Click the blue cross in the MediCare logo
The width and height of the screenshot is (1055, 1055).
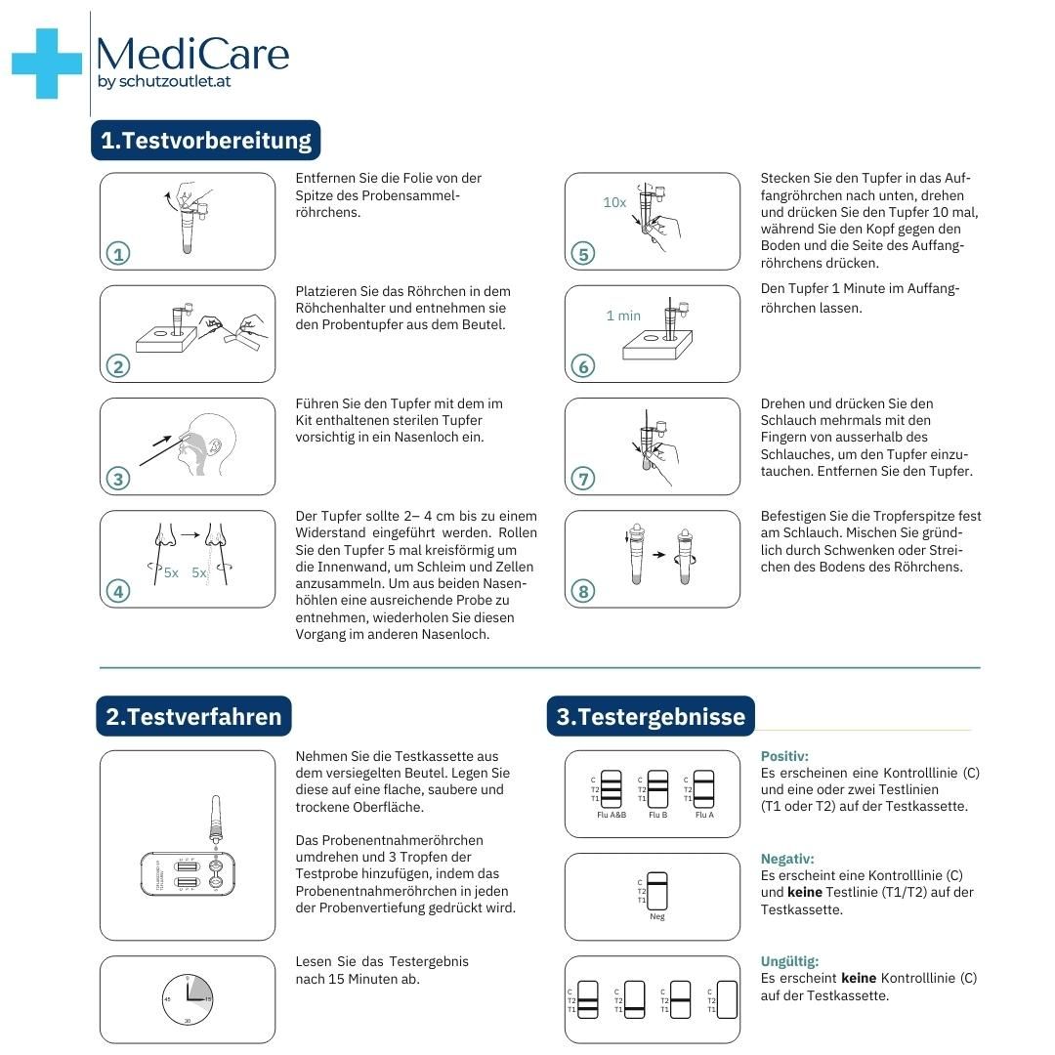[x=46, y=63]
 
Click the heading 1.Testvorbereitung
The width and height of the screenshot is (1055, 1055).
[x=206, y=141]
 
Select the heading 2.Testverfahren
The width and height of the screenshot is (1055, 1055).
[x=193, y=716]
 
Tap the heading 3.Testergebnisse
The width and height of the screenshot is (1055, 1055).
[x=651, y=716]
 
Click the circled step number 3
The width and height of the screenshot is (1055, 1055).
[x=118, y=479]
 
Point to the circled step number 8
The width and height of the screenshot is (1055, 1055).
[x=583, y=591]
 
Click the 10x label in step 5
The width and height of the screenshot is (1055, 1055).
[x=614, y=202]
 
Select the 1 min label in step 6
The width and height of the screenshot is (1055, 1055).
[x=623, y=316]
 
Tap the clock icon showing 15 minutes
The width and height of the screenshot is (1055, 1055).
[x=188, y=999]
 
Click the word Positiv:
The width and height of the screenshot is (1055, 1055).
[x=784, y=756]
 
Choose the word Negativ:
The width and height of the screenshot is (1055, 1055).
[x=787, y=859]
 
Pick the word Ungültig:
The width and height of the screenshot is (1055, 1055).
[x=789, y=961]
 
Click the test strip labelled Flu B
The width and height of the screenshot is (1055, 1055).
[x=658, y=789]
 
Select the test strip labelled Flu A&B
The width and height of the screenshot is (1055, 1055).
[x=612, y=789]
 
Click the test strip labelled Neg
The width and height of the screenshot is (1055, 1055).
[x=657, y=890]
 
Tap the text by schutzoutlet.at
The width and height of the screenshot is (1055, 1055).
[x=164, y=82]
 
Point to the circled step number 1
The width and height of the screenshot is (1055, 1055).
[x=118, y=254]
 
